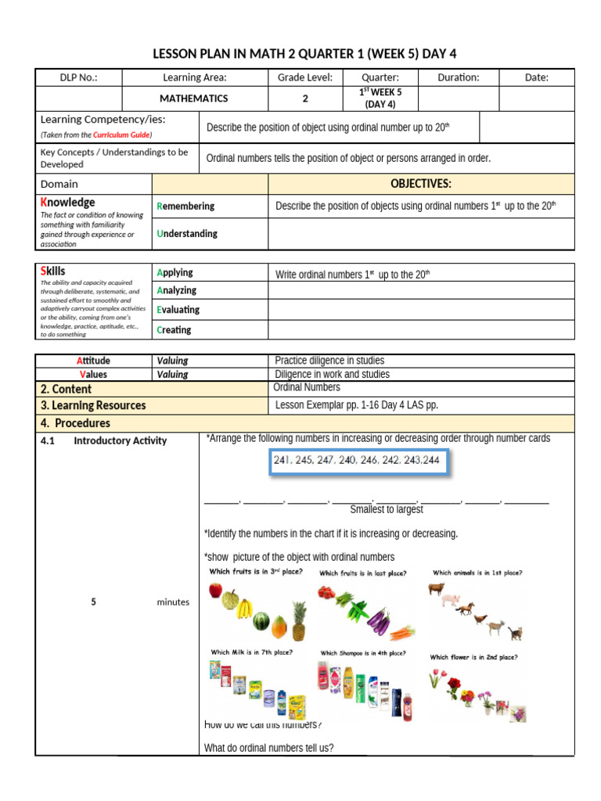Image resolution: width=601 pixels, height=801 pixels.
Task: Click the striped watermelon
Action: pyautogui.click(x=261, y=621)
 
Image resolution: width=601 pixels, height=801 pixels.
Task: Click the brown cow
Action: pyautogui.click(x=436, y=589)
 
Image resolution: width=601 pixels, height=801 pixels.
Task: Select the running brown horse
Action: pyautogui.click(x=466, y=608)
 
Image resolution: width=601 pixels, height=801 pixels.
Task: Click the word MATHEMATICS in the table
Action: pyautogui.click(x=194, y=99)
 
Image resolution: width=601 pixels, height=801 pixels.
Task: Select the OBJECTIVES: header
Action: pyautogui.click(x=421, y=184)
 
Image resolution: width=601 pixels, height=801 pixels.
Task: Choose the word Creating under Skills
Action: pyautogui.click(x=174, y=330)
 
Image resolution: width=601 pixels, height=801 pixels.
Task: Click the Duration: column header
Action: pyautogui.click(x=457, y=77)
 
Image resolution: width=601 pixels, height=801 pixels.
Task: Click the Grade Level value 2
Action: pyautogui.click(x=305, y=99)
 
